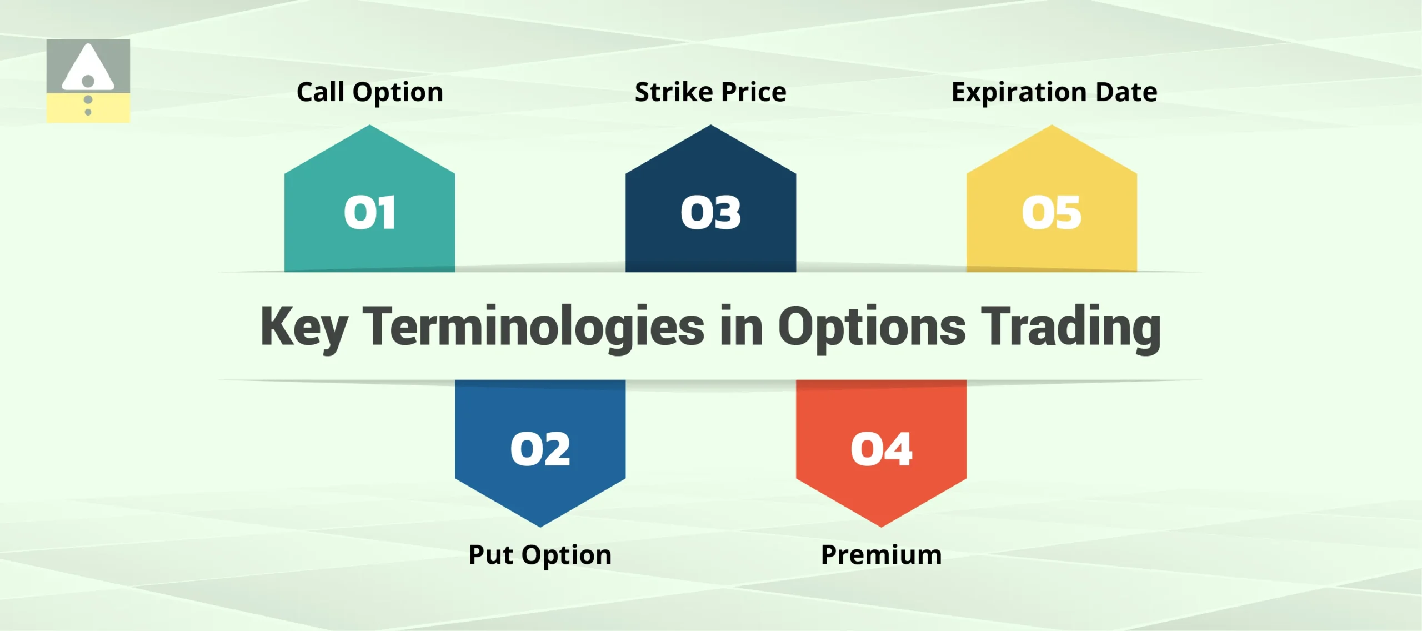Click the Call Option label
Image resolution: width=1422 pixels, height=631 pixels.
pos(370,92)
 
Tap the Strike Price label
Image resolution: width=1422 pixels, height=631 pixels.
pos(710,92)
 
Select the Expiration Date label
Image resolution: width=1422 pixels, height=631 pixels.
pos(1054,92)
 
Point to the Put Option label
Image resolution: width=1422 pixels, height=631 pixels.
pos(540,555)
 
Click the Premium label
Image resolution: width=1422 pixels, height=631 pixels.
pos(881,555)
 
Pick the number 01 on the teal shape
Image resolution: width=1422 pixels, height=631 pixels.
pos(370,213)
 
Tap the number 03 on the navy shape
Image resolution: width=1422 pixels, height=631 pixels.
pos(710,213)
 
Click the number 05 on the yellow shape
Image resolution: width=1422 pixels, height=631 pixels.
pos(1052,213)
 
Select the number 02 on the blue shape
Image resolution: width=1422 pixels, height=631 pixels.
pos(540,449)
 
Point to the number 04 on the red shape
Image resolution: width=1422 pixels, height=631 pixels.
pos(881,449)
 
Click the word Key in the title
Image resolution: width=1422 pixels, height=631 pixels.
pos(304,328)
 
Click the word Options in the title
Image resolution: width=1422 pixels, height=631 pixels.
pos(872,328)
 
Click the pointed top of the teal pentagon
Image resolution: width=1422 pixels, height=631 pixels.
pos(370,128)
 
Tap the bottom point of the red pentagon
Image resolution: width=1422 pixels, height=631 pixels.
pos(881,524)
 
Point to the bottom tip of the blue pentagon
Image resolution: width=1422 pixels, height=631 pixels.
pos(540,524)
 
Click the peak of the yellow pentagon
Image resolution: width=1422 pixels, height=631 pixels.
pos(1052,128)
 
